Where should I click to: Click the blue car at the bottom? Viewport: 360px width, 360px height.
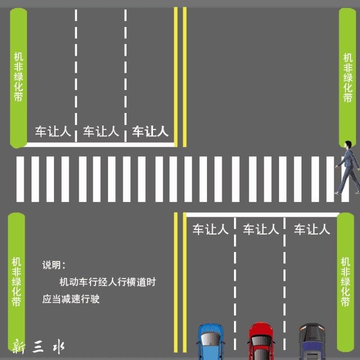pyautogui.click(x=210, y=343)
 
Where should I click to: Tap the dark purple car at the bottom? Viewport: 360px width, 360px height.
pyautogui.click(x=310, y=343)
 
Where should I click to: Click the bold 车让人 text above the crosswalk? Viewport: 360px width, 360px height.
pyautogui.click(x=150, y=132)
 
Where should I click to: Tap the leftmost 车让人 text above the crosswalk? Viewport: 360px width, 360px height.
pyautogui.click(x=53, y=132)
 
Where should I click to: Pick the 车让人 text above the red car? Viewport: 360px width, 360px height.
pyautogui.click(x=260, y=229)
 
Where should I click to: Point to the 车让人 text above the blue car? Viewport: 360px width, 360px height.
pyautogui.click(x=211, y=229)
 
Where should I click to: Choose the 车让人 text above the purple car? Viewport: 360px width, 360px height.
pyautogui.click(x=312, y=229)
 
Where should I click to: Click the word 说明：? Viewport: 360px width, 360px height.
pyautogui.click(x=55, y=264)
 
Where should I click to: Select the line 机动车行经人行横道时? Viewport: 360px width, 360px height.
pyautogui.click(x=107, y=282)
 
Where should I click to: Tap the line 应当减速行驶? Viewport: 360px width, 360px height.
pyautogui.click(x=70, y=299)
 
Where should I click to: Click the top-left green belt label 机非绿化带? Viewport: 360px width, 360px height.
pyautogui.click(x=19, y=77)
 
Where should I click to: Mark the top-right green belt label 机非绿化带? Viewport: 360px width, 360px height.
pyautogui.click(x=348, y=77)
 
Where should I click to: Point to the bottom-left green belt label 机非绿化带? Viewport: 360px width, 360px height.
pyautogui.click(x=16, y=281)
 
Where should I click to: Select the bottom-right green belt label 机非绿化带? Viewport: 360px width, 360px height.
pyautogui.click(x=345, y=281)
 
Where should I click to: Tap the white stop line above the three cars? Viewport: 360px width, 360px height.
pyautogui.click(x=262, y=214)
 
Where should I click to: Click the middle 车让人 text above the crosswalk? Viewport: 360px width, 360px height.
pyautogui.click(x=101, y=132)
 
